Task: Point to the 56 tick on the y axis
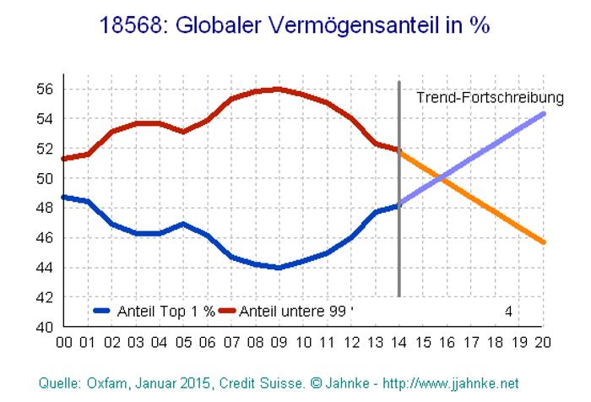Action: (46, 89)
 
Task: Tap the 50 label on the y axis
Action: (46, 178)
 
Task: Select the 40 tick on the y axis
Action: (46, 327)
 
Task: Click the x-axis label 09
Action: (279, 343)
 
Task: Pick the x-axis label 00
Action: (63, 343)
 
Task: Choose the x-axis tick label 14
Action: (399, 343)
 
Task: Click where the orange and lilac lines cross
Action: (442, 177)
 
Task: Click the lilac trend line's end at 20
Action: (543, 113)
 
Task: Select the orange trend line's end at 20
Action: (543, 242)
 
